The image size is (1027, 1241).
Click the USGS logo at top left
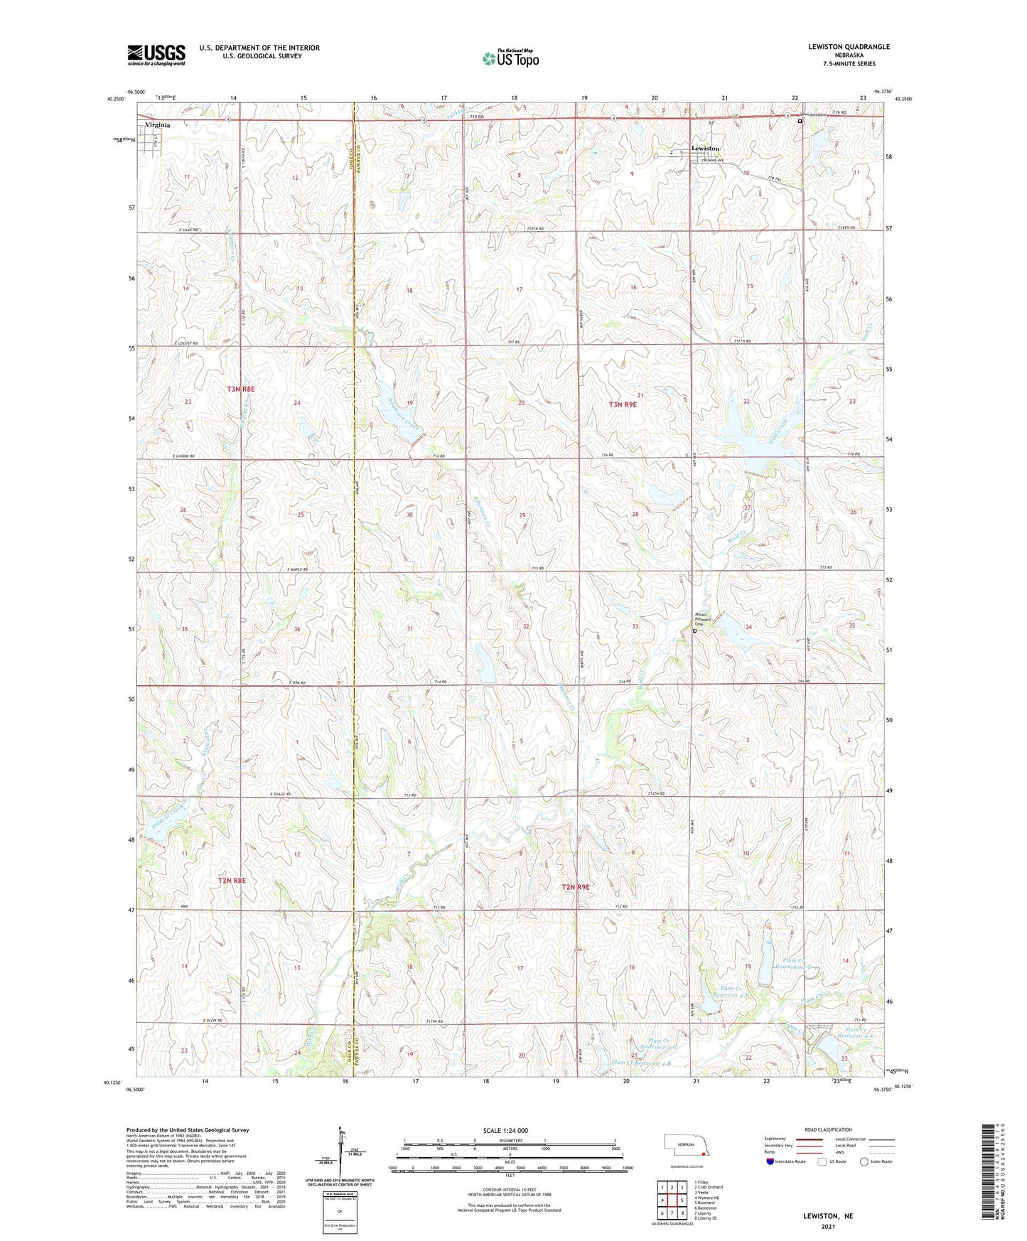click(156, 54)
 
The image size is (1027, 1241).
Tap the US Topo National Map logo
click(510, 58)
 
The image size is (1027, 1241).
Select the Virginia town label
click(158, 124)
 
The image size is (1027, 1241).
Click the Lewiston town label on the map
click(705, 149)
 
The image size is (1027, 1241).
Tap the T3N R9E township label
click(623, 404)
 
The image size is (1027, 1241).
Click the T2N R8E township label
click(232, 881)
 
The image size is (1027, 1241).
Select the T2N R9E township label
click(576, 887)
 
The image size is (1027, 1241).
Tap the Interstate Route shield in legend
click(770, 1161)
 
